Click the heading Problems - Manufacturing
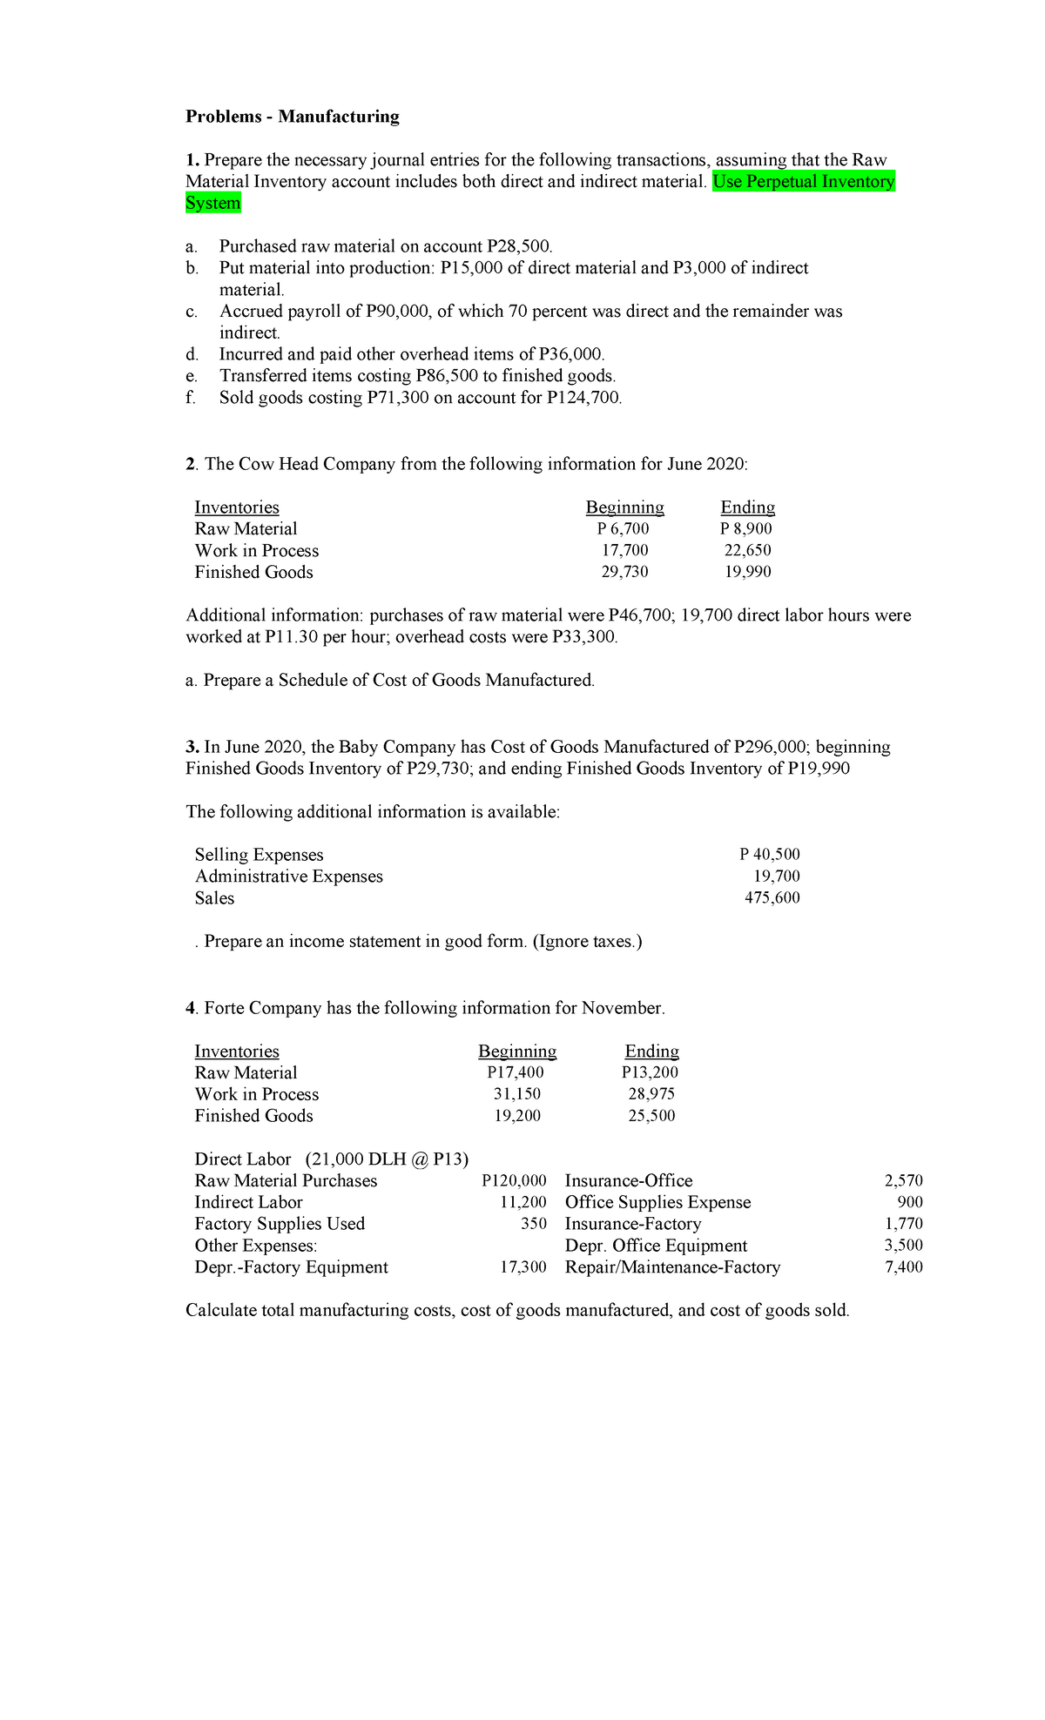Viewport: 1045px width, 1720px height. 293,117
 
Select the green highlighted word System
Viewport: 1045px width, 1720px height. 213,203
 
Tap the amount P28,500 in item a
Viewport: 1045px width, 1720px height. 519,246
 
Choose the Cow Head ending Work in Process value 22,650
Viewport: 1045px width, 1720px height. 747,550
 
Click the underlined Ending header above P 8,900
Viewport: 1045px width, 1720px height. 747,507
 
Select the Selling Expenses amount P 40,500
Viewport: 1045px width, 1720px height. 770,855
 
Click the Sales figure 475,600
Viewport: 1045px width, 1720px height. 772,897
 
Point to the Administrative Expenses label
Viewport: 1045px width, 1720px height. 289,877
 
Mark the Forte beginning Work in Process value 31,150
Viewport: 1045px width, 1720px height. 517,1094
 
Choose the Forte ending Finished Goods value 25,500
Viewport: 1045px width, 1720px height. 652,1116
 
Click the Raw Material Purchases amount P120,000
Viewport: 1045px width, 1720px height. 514,1181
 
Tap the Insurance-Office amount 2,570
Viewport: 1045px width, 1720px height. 903,1181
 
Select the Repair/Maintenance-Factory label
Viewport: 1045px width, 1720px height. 673,1267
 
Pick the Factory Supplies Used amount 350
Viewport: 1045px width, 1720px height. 534,1224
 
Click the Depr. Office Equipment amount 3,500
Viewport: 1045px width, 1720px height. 903,1246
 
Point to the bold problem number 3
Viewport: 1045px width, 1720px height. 191,747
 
